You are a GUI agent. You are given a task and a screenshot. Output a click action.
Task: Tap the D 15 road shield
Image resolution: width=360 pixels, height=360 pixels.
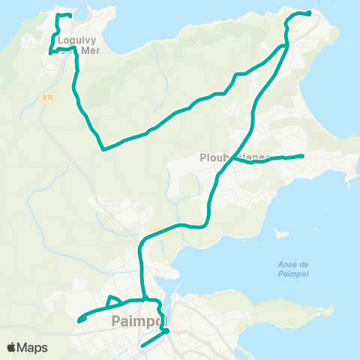pyautogui.click(x=47, y=97)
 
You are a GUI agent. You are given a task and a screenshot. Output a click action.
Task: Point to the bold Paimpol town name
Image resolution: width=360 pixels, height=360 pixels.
pyautogui.click(x=136, y=321)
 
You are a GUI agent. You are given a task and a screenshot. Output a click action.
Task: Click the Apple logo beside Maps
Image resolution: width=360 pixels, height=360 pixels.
pyautogui.click(x=12, y=347)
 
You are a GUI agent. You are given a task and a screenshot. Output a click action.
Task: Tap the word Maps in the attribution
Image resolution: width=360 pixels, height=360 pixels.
pyautogui.click(x=32, y=347)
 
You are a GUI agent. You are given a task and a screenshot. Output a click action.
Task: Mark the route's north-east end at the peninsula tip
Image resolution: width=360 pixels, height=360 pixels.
pyautogui.click(x=309, y=13)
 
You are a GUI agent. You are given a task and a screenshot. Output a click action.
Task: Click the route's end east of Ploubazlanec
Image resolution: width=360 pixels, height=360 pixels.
pyautogui.click(x=301, y=156)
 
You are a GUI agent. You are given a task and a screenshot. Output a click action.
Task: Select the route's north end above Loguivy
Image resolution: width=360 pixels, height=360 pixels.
pyautogui.click(x=69, y=16)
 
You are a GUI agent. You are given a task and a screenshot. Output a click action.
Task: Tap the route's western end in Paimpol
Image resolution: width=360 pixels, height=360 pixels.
pyautogui.click(x=79, y=321)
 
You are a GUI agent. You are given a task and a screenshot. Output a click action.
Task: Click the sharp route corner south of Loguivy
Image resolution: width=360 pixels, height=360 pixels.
pyautogui.click(x=103, y=148)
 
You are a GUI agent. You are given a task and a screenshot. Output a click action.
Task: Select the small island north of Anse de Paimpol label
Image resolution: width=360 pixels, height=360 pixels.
pyautogui.click(x=282, y=233)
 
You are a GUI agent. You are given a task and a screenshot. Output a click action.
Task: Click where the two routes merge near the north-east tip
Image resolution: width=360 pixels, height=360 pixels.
pyautogui.click(x=284, y=46)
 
